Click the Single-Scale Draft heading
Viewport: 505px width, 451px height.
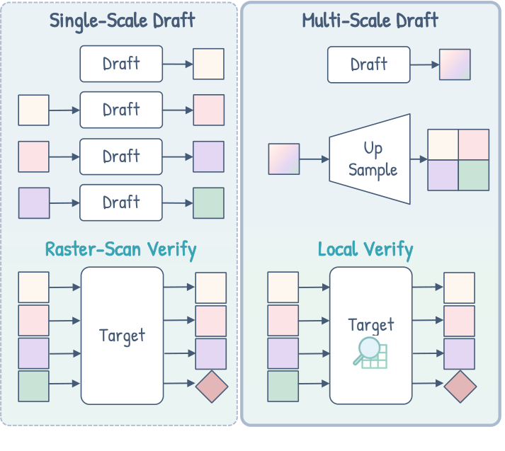point(122,21)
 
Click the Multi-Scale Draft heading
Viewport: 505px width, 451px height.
point(370,21)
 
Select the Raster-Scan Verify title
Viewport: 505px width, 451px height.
point(120,249)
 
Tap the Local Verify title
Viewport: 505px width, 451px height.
point(365,249)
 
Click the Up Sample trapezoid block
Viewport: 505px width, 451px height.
point(370,159)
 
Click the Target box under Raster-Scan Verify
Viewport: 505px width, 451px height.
point(123,335)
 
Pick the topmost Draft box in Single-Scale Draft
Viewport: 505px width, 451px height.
point(121,64)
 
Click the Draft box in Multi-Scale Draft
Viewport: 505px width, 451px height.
point(368,64)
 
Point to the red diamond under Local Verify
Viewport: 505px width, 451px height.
point(460,386)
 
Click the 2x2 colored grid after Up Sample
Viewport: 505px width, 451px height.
point(458,160)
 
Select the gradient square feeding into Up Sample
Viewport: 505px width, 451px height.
point(284,159)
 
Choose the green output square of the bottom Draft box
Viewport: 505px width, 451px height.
point(209,203)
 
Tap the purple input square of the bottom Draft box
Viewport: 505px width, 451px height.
point(34,203)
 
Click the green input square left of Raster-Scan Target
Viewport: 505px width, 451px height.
point(33,386)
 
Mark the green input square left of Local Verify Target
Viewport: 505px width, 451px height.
point(283,386)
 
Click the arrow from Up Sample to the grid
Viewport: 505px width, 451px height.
point(419,159)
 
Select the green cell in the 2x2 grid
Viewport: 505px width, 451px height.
point(474,176)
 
